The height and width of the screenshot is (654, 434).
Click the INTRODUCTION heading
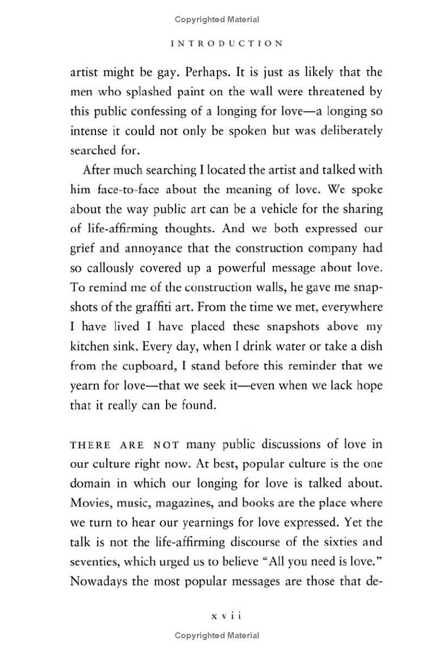click(x=227, y=44)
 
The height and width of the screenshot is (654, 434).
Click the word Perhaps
click(x=193, y=72)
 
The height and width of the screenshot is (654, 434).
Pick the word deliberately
click(x=348, y=131)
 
